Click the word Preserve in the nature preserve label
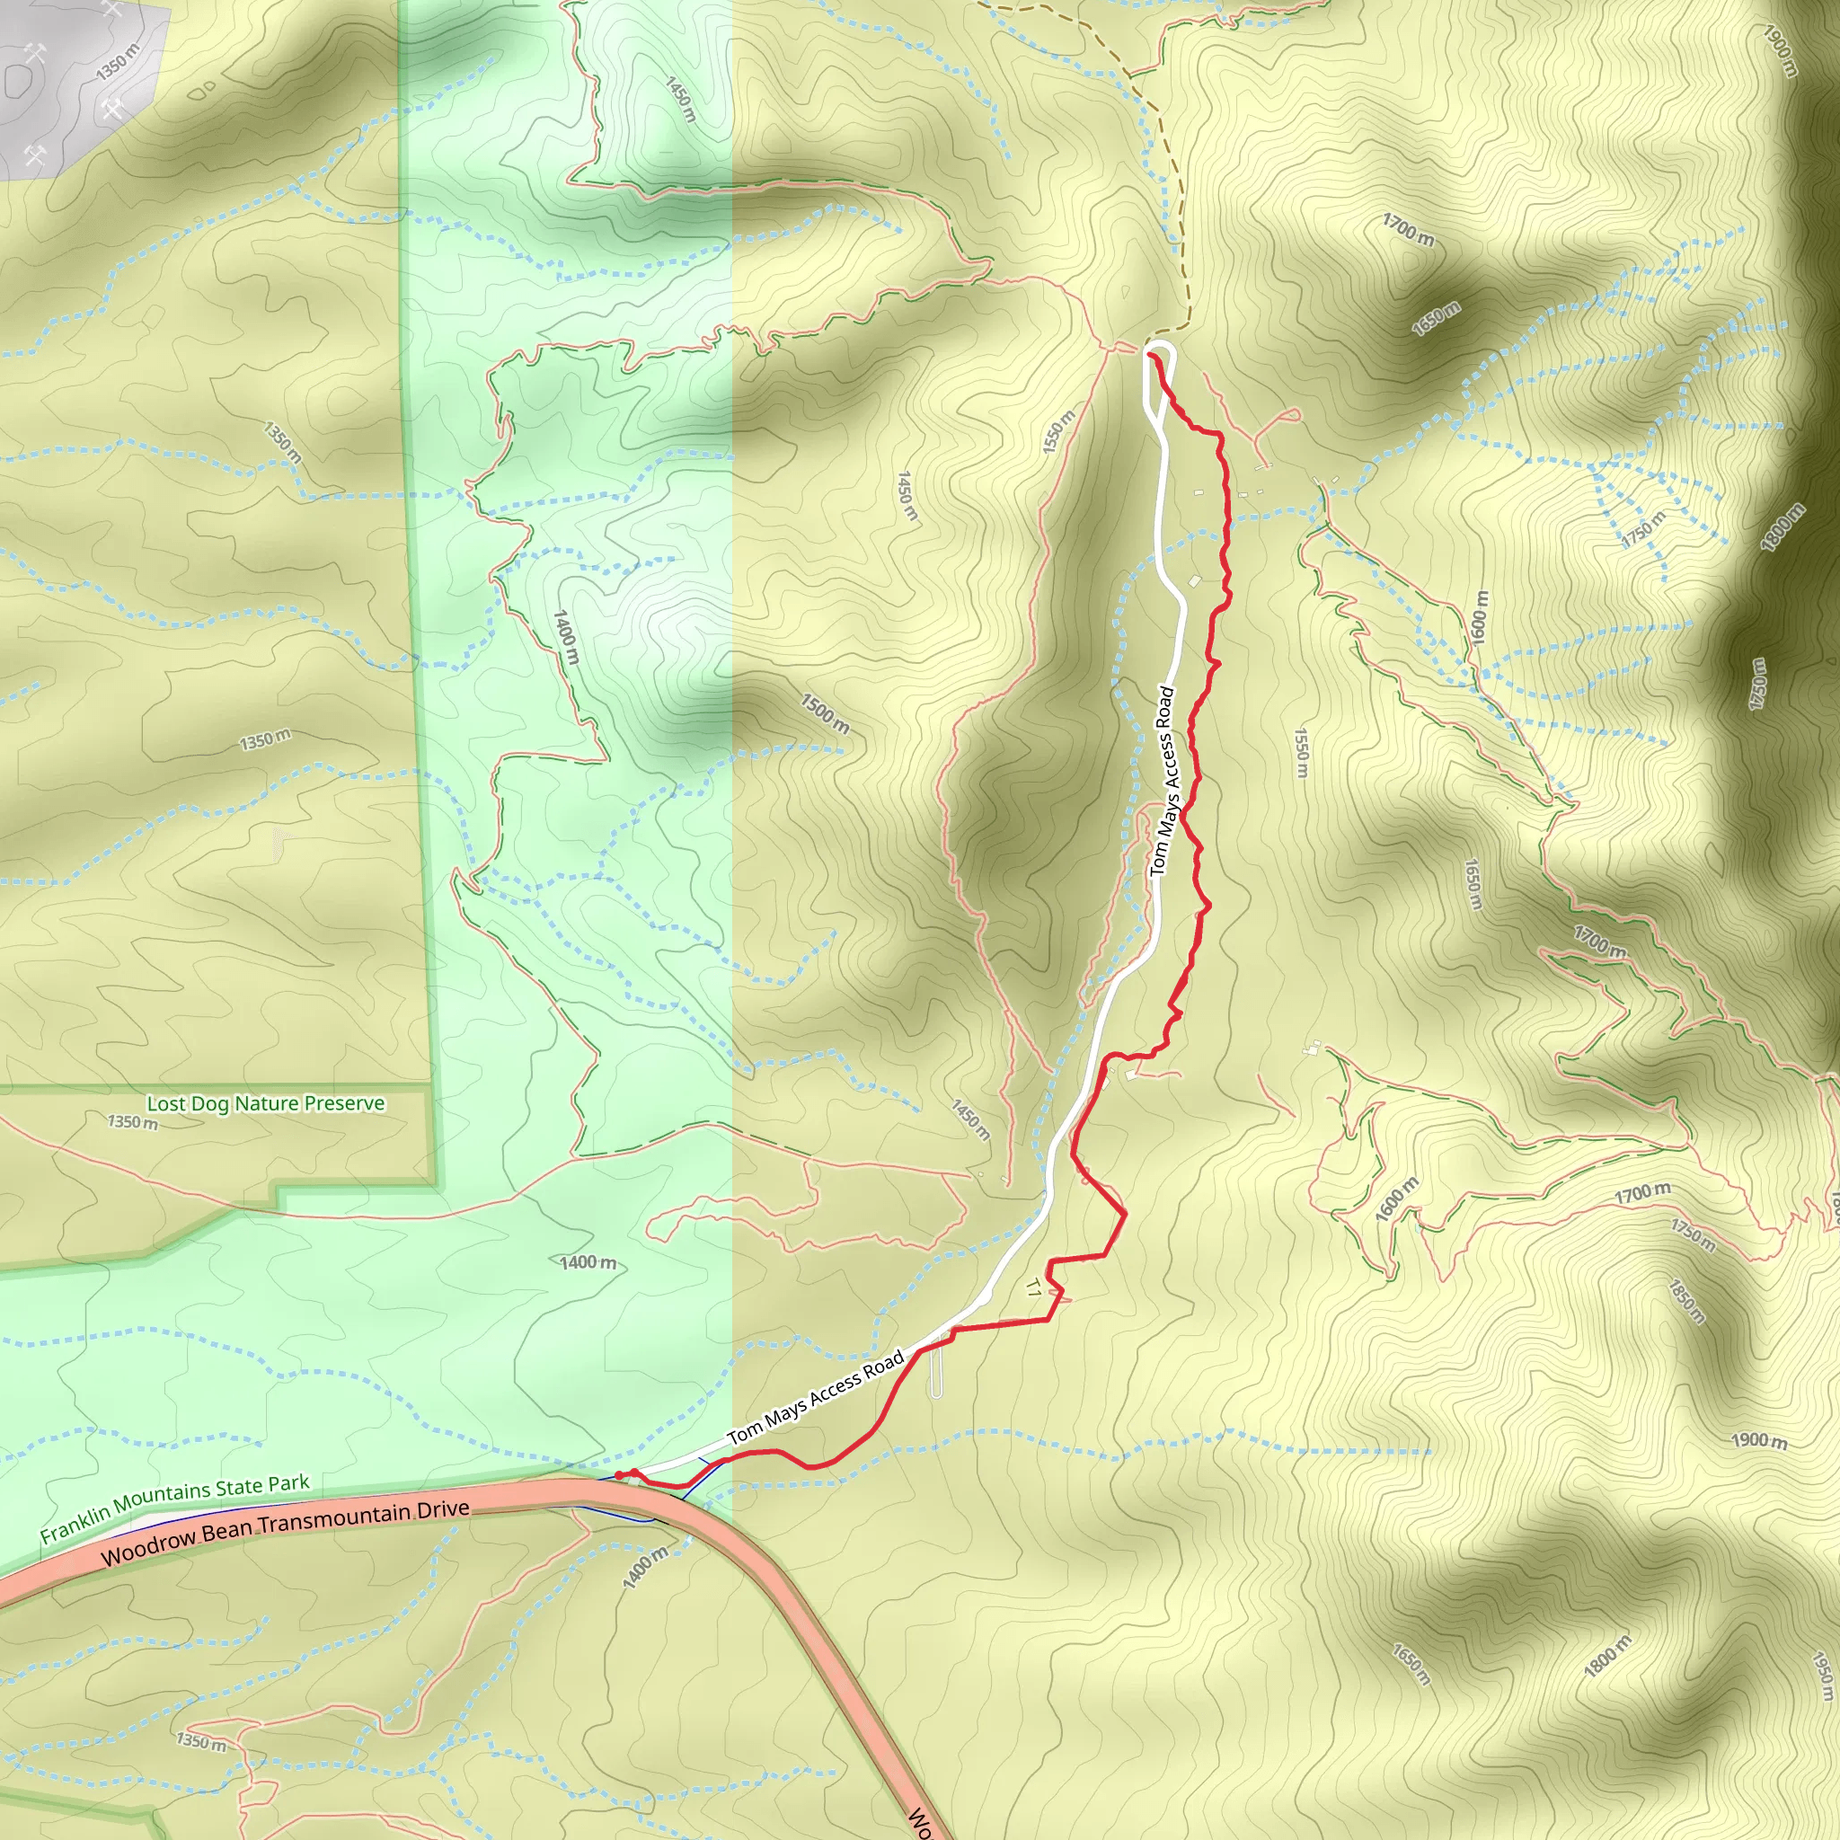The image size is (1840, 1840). pos(346,1103)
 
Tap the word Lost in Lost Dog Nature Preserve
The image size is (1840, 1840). pos(164,1104)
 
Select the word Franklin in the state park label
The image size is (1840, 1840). pos(75,1522)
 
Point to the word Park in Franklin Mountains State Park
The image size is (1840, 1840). pos(287,1484)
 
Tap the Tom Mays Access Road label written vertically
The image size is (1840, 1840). pos(1163,781)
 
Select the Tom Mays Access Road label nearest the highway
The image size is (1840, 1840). pos(814,1399)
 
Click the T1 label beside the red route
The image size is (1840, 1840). pos(1033,1289)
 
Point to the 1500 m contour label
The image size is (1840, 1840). pos(825,713)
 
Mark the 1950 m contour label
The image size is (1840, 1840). pos(1821,1676)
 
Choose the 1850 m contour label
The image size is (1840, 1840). pos(1685,1302)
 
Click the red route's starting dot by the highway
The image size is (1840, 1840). pos(619,1475)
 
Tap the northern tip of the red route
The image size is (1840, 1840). pos(1152,354)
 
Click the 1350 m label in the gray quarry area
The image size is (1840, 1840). pos(117,62)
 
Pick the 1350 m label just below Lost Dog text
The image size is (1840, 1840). pos(132,1123)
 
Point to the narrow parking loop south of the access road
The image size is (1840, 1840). pos(936,1367)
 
